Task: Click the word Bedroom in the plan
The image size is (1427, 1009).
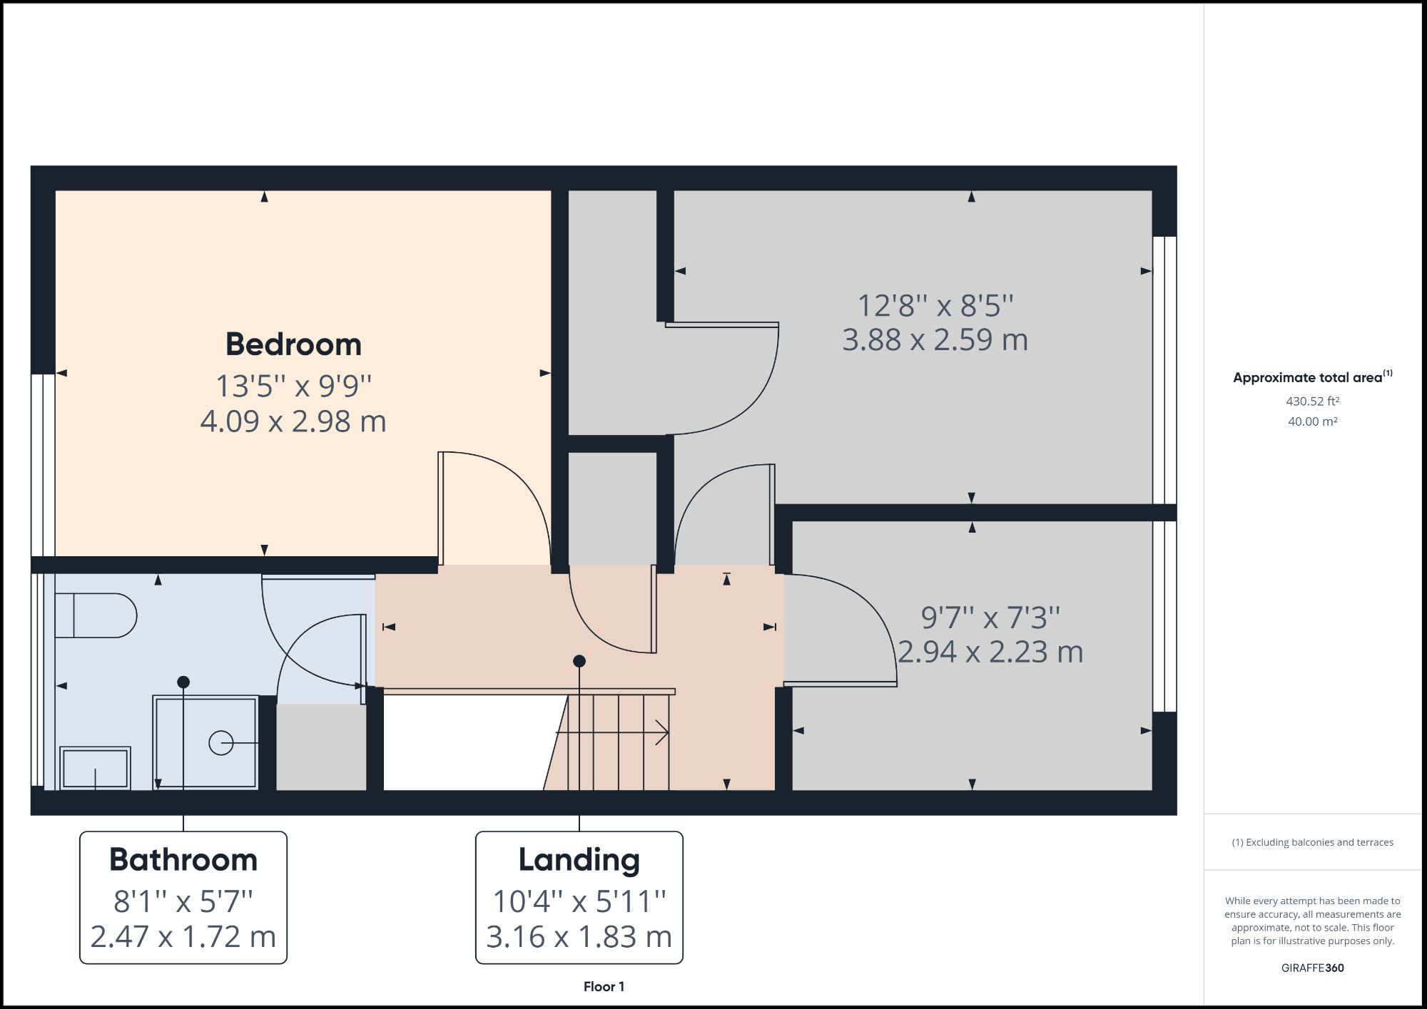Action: (293, 344)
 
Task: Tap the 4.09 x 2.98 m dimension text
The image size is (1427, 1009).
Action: (293, 421)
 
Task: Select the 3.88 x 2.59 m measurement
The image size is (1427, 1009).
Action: (935, 339)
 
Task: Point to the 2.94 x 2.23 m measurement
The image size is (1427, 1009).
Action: (990, 652)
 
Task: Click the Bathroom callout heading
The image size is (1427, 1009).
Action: (183, 860)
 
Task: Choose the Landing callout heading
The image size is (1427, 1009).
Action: (579, 860)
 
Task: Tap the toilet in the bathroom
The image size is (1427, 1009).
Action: (96, 616)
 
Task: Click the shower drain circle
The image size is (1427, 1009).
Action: (220, 743)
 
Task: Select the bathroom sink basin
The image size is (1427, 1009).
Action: (95, 768)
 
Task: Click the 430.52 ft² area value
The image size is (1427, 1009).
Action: (1312, 401)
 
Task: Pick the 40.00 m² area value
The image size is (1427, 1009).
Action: (1312, 421)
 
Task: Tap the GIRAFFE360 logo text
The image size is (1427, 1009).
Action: (1312, 968)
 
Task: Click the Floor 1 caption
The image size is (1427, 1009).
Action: (604, 987)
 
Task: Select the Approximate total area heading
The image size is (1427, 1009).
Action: (1311, 378)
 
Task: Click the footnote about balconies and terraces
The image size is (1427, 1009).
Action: (1312, 842)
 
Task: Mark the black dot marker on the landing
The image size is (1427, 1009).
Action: (579, 661)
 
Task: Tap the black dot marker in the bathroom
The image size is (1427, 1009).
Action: (183, 682)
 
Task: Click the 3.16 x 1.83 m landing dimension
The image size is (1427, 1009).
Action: (579, 937)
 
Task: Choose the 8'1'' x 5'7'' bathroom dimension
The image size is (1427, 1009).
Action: (183, 902)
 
